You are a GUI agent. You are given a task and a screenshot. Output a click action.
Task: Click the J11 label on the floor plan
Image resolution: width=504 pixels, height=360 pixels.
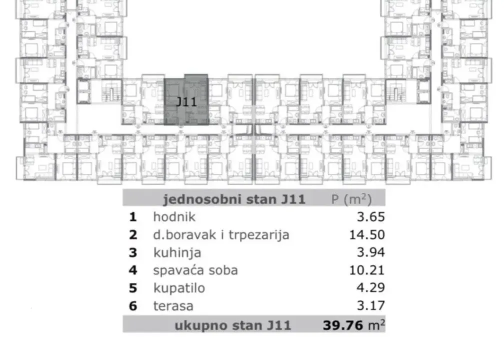[186, 101]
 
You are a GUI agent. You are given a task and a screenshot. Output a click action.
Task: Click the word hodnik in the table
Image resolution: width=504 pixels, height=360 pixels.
[174, 217]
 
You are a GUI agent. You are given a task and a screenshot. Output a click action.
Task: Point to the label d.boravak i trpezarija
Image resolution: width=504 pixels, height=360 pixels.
[221, 235]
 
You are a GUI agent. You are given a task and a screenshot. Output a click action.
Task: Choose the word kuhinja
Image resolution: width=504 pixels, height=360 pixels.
[177, 252]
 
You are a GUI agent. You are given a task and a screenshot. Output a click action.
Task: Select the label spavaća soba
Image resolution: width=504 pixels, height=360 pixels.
[195, 270]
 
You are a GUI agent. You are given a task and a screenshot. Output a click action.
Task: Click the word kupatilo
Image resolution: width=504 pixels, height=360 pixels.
[179, 288]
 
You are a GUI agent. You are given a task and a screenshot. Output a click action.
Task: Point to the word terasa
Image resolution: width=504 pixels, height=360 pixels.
[173, 305]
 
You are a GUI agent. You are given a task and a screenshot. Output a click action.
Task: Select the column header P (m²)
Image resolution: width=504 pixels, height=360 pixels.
[351, 199]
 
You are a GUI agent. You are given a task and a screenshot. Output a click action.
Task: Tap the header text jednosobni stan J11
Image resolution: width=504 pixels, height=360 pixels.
[233, 199]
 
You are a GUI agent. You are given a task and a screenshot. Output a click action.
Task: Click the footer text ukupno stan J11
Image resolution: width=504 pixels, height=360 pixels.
[232, 325]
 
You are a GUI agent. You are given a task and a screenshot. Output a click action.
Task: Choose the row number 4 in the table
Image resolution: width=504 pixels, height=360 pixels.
[133, 270]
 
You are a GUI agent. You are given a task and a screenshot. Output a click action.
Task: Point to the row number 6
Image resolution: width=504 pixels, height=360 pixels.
[133, 305]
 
